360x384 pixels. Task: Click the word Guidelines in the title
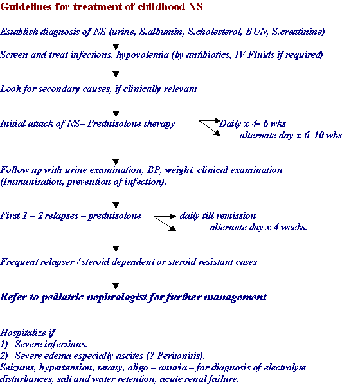pos(26,6)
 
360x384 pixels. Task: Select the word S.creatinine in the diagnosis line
pos(298,32)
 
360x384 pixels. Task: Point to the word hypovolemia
pos(143,55)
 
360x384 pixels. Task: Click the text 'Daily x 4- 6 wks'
pos(253,123)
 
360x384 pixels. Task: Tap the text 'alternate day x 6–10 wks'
pos(291,135)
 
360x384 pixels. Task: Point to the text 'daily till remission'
pos(218,215)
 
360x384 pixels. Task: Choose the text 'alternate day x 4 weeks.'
pos(258,227)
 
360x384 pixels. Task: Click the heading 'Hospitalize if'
pos(28,333)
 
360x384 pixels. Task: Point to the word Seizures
pos(19,367)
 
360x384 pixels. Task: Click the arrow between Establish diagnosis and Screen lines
pos(116,42)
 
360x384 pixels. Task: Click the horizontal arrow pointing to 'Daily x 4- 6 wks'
pos(210,120)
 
